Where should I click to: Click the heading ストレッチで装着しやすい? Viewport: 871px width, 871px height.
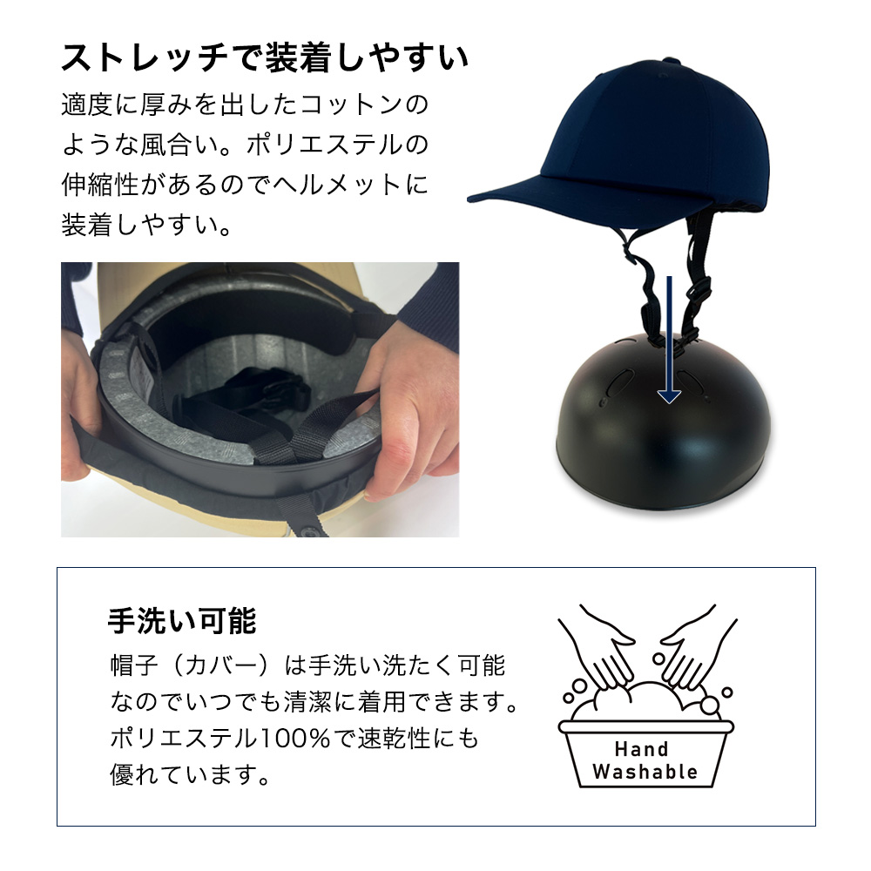[x=265, y=57]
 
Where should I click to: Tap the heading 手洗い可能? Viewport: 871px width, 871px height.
[x=182, y=620]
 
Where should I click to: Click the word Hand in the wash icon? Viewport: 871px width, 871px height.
[x=641, y=749]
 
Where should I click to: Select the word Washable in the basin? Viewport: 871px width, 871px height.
[x=645, y=772]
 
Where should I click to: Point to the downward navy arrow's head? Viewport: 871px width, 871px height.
[x=669, y=395]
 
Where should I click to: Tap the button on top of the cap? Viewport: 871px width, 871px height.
[x=671, y=60]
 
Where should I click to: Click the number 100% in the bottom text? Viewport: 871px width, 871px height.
[x=295, y=739]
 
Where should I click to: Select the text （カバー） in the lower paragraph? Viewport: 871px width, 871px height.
[x=221, y=665]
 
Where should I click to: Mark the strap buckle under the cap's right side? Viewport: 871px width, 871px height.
[x=701, y=292]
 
